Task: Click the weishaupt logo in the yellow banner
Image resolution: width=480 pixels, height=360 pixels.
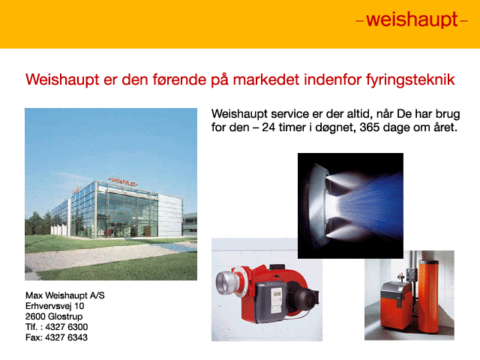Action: click(412, 20)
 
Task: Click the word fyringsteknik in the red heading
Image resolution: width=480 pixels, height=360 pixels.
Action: click(410, 80)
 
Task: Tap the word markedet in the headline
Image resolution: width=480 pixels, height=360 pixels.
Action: click(265, 79)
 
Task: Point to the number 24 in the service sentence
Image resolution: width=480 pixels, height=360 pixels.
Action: click(268, 127)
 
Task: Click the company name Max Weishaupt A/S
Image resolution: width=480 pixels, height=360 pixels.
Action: click(65, 295)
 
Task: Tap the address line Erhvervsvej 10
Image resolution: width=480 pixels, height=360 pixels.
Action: click(55, 306)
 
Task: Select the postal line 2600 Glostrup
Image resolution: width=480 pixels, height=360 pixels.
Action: click(54, 316)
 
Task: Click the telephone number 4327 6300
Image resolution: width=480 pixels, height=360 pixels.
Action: click(67, 327)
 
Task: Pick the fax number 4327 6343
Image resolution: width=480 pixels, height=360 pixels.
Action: click(66, 337)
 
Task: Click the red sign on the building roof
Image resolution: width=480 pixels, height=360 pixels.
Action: click(123, 181)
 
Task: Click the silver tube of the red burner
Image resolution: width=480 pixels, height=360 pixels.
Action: click(225, 282)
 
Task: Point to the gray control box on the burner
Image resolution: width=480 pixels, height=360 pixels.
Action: click(271, 301)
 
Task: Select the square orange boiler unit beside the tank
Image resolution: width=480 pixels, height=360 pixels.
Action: click(396, 305)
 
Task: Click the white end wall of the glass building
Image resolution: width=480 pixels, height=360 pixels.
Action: click(170, 215)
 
